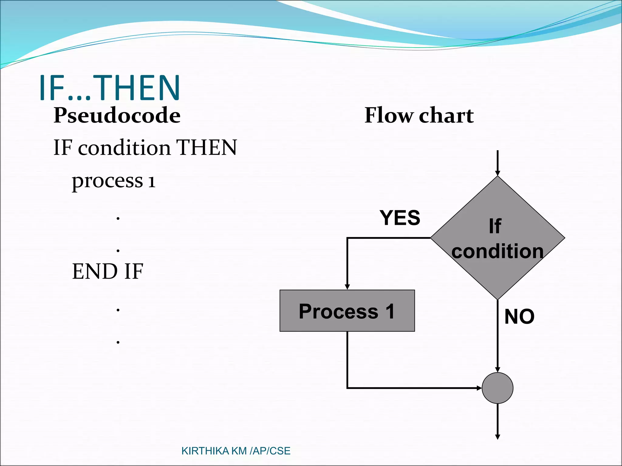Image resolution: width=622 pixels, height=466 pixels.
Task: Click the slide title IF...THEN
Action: [x=110, y=88]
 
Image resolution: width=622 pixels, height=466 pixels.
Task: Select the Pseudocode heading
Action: [x=117, y=115]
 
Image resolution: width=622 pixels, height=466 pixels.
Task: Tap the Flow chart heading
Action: [x=419, y=115]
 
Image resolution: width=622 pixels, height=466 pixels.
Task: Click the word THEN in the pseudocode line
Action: [x=207, y=148]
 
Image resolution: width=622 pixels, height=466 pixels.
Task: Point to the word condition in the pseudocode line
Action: [x=124, y=148]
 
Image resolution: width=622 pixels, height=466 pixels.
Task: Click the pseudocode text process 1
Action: [x=114, y=181]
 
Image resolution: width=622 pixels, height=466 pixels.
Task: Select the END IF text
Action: [x=108, y=271]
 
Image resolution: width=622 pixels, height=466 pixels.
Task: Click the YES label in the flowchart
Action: [x=400, y=218]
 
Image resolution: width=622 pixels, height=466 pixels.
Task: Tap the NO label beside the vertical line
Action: [x=519, y=317]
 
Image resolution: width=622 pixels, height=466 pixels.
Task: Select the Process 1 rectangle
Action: [x=347, y=311]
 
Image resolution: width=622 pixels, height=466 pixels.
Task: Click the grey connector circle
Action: [x=497, y=388]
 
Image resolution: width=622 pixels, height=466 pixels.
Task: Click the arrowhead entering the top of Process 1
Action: [x=347, y=287]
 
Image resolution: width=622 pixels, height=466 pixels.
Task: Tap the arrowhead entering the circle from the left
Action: [x=479, y=388]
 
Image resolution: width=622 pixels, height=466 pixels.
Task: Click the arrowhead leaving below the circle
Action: [x=497, y=437]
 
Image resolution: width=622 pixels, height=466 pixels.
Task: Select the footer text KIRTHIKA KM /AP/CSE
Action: [x=236, y=451]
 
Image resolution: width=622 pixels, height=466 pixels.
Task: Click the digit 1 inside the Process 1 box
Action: [x=390, y=311]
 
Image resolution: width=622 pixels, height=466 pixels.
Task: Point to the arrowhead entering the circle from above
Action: [x=497, y=370]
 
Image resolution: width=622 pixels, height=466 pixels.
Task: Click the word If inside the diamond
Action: [x=495, y=226]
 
